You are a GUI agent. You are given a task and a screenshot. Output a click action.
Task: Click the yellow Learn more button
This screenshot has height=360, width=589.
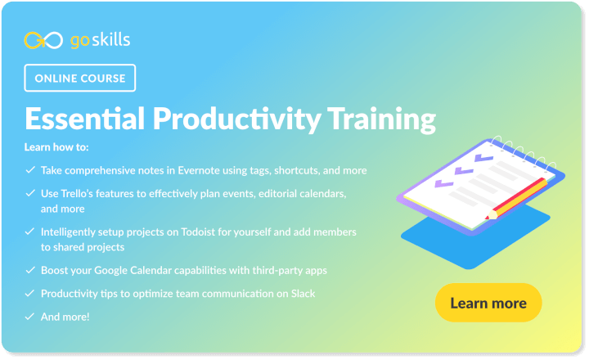[488, 303]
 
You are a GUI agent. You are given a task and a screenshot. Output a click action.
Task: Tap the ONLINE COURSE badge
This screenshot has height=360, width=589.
[80, 79]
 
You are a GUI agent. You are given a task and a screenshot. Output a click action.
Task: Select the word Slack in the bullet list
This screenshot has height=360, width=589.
[301, 293]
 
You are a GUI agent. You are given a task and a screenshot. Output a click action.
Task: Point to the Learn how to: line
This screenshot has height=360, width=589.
[56, 148]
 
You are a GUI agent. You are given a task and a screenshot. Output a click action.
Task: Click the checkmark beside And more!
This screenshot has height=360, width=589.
[30, 316]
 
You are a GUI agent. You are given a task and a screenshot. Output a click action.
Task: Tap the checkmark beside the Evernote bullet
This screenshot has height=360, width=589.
[30, 171]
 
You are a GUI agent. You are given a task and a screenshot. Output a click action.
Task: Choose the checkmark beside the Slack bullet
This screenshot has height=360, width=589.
[30, 293]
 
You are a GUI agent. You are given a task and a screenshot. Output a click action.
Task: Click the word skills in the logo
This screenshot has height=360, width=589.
[110, 39]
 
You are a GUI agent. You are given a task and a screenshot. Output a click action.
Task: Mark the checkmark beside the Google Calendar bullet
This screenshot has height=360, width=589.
[30, 269]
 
